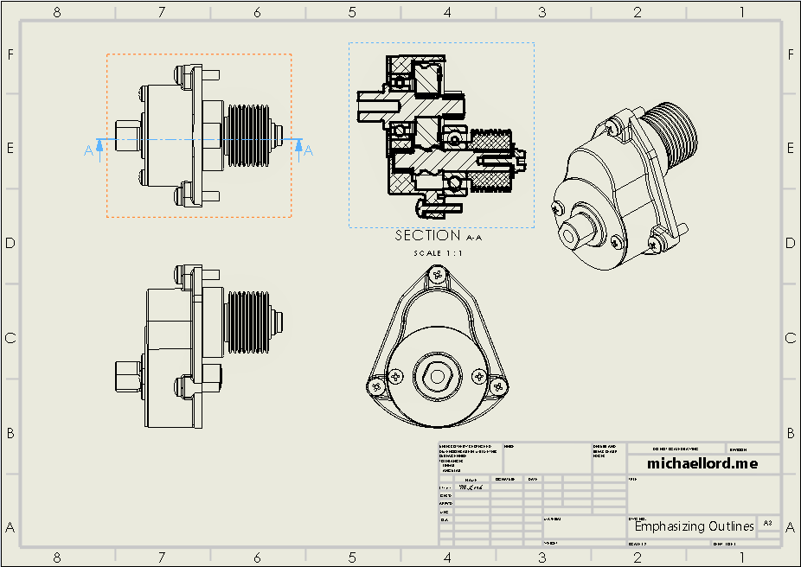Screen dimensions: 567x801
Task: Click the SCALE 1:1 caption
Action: coord(440,253)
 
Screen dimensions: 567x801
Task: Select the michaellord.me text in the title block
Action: coord(702,464)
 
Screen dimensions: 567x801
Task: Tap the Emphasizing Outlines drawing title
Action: coord(694,526)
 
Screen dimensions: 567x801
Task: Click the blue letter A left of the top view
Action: coord(88,151)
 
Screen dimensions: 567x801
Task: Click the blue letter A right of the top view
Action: coord(309,151)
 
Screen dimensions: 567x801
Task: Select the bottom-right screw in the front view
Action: coord(499,385)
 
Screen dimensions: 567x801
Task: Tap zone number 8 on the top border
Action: coord(57,12)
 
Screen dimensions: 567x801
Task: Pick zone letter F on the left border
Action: coord(11,54)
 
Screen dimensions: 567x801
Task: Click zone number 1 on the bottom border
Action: coord(742,557)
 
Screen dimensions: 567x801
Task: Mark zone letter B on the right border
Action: coord(791,433)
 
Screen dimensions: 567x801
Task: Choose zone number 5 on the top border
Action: coord(352,12)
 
